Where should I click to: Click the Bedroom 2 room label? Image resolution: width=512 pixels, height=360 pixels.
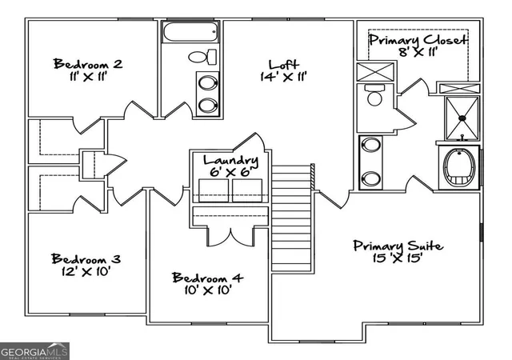tap(88, 64)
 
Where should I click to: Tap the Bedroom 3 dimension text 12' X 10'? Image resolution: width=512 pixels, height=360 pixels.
tap(86, 271)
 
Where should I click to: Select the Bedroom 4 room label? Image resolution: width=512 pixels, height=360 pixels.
tap(208, 278)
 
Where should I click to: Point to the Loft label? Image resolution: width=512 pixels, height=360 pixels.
tap(283, 64)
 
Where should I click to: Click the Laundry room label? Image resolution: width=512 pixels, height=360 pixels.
tap(230, 160)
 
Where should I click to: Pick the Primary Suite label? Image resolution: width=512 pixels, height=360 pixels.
tap(398, 246)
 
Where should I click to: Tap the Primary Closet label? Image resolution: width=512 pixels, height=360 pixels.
tap(418, 40)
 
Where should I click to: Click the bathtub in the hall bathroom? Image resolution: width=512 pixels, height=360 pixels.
tap(190, 32)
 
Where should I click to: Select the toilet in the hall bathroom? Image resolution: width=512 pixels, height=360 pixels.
tap(202, 57)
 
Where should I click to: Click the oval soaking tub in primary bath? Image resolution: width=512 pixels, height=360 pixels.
tap(458, 167)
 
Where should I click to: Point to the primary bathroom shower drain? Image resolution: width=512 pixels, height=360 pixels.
tap(462, 118)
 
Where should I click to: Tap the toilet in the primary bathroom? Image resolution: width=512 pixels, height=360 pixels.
tap(374, 94)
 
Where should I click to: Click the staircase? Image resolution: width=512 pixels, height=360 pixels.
tap(291, 218)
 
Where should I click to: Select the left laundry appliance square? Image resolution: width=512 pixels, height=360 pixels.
tap(214, 190)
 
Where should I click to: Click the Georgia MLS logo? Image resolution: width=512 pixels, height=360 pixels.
tap(34, 351)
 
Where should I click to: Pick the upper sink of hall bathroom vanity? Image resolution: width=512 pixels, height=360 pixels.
tap(208, 83)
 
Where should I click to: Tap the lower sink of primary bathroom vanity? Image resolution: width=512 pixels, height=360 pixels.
tap(371, 178)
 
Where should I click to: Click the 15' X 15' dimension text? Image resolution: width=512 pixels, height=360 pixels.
tap(398, 258)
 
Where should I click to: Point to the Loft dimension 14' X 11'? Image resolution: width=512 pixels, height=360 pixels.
tap(283, 77)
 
